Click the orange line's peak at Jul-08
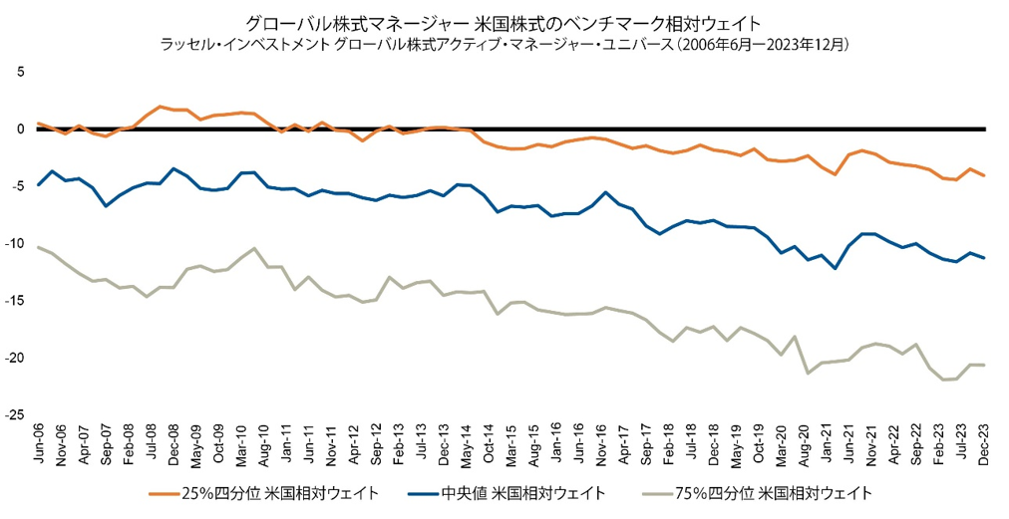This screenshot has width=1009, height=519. (x=161, y=107)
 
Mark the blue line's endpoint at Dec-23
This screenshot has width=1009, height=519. (x=985, y=258)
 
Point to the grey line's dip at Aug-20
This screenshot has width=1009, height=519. (x=807, y=373)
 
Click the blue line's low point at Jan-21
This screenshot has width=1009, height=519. (x=835, y=269)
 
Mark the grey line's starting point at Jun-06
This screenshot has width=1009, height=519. (x=38, y=247)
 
